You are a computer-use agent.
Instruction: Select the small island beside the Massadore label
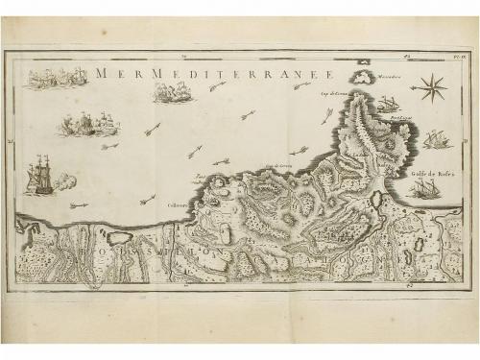pos(363,77)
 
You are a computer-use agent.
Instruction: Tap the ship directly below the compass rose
pos(437,139)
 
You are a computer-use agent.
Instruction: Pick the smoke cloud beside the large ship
pos(64,180)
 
